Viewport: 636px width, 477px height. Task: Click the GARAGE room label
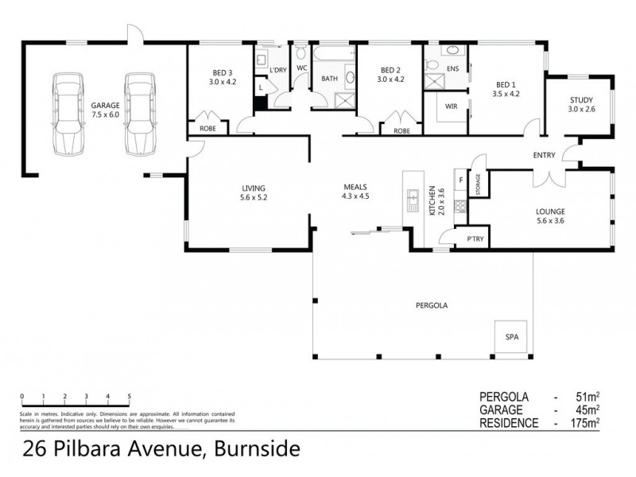point(104,104)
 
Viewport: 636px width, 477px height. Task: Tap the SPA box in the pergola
point(510,337)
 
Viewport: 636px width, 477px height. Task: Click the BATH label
point(329,79)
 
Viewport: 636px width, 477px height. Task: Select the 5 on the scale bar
point(129,396)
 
